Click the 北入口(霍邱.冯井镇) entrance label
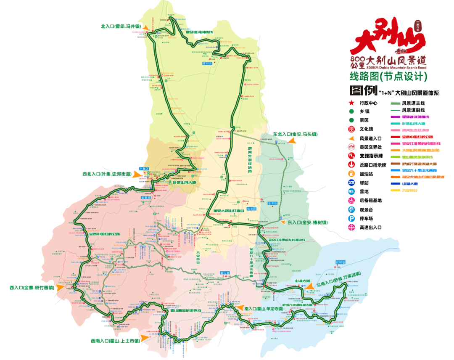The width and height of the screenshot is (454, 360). tap(120, 26)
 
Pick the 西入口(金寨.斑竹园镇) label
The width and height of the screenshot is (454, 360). tap(32, 288)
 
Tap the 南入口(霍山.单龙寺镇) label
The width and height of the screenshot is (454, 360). tap(264, 308)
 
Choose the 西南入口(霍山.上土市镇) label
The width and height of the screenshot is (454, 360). tap(115, 341)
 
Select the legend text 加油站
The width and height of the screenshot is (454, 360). tap(366, 174)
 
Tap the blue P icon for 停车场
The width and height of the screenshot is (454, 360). tap(351, 218)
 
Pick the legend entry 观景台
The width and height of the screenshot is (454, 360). tap(366, 209)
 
